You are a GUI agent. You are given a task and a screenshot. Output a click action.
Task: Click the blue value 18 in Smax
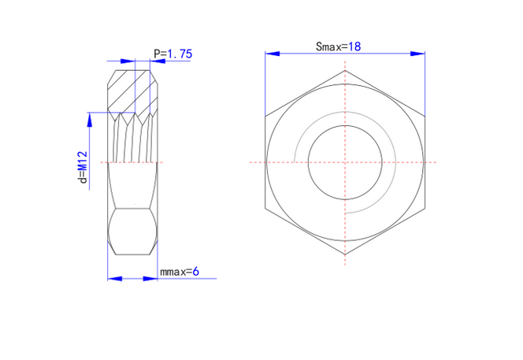coord(354,46)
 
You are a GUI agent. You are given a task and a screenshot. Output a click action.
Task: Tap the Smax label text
coord(329,46)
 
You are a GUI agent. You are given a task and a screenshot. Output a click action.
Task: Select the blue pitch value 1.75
coord(180,54)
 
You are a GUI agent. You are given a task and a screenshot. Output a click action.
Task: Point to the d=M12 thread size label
coord(83,167)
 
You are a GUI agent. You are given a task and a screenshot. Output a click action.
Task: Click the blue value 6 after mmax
coord(196,272)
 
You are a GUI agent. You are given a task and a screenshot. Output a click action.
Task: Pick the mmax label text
coord(173,273)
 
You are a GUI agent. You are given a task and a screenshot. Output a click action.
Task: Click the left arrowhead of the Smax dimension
coord(273,54)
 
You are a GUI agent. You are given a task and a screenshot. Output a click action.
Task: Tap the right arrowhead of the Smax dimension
coord(417,54)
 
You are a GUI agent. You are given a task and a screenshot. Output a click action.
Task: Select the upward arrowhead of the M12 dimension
coord(89,120)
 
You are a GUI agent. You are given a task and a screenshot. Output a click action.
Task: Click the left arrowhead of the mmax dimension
coord(115,279)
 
